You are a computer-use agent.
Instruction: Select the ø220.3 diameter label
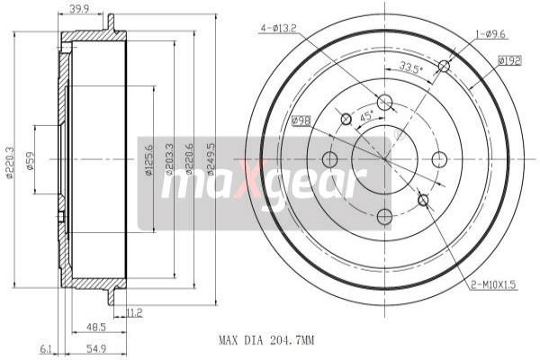[x=9, y=162]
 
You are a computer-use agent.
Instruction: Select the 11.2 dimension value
[x=135, y=312]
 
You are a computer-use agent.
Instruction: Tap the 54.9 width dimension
[x=97, y=347]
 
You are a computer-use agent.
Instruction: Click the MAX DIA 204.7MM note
[x=267, y=341]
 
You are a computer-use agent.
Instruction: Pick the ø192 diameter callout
[x=510, y=61]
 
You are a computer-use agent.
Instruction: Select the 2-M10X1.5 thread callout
[x=494, y=286]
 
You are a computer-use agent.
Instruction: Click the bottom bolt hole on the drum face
[x=384, y=216]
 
